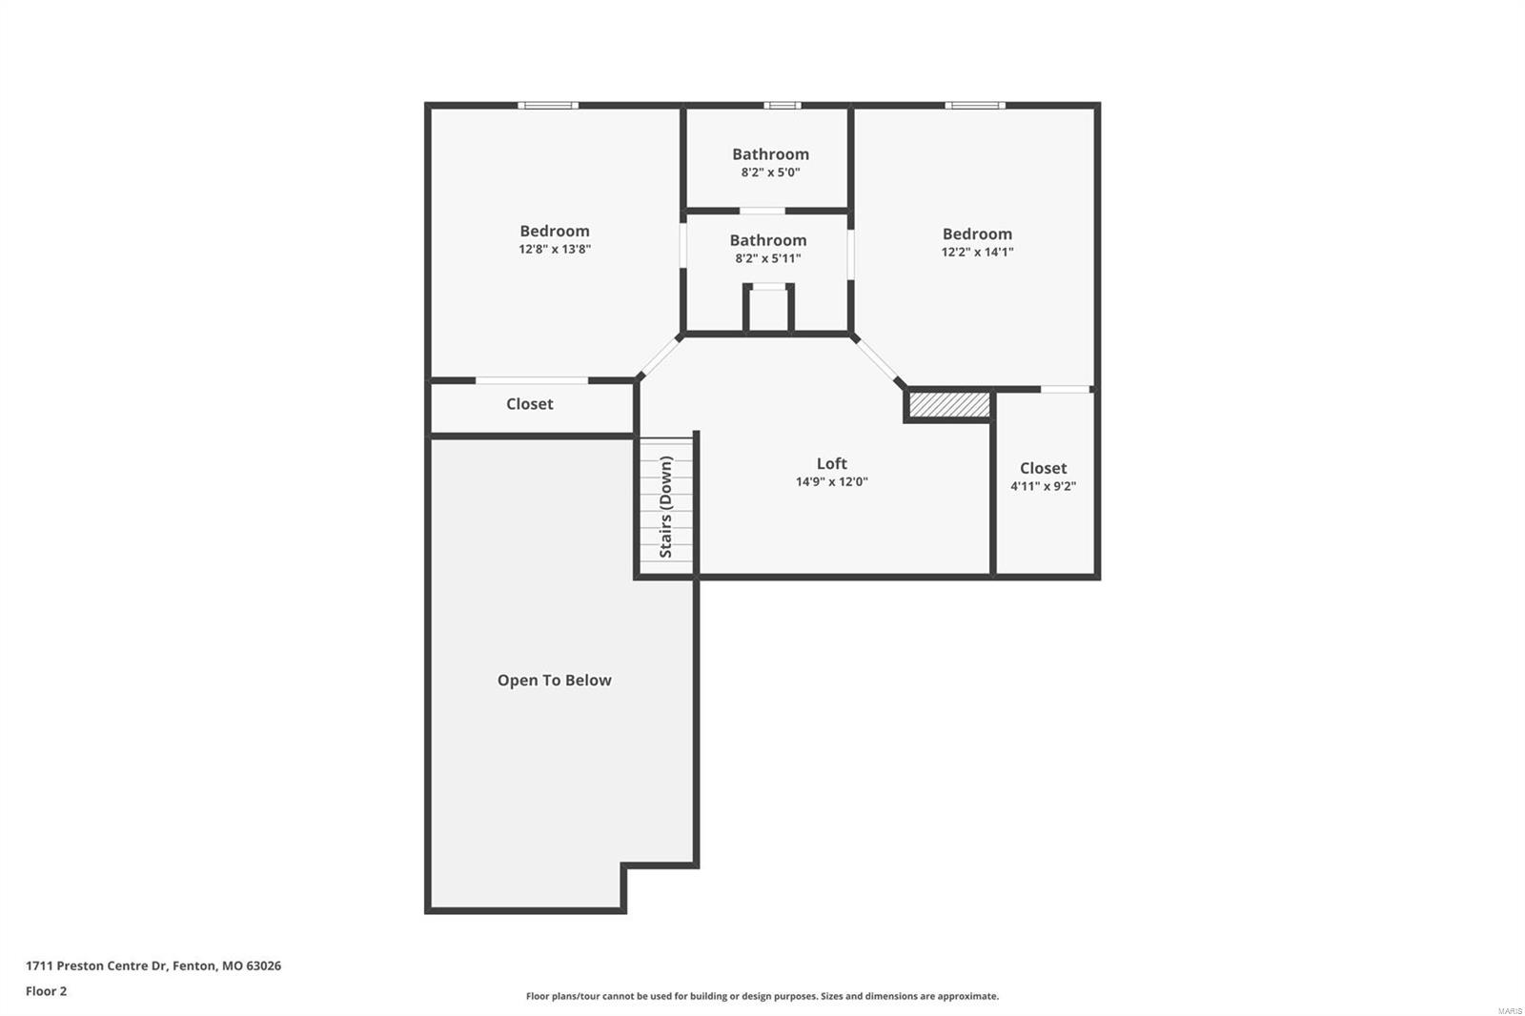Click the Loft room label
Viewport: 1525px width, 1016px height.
tap(831, 463)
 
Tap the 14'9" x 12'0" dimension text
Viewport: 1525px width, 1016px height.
tap(831, 482)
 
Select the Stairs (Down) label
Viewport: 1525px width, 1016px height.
tap(666, 506)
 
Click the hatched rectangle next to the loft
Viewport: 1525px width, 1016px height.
tap(948, 405)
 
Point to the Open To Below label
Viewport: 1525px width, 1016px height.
tap(554, 680)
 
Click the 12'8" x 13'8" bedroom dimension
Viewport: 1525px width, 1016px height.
tap(555, 249)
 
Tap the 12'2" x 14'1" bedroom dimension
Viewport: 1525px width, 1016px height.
tap(977, 252)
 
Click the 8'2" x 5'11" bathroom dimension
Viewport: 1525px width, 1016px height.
tap(767, 258)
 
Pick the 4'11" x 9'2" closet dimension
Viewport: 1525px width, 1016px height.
tap(1043, 486)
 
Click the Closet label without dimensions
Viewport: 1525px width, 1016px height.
tap(529, 404)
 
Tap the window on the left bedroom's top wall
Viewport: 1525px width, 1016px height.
tap(548, 105)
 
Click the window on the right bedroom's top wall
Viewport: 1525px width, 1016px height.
tap(974, 105)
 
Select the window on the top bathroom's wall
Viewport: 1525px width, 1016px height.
tap(782, 105)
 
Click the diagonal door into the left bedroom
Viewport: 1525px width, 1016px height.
tap(660, 357)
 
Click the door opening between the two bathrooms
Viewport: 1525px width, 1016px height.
tap(762, 211)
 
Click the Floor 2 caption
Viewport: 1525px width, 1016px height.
tap(46, 991)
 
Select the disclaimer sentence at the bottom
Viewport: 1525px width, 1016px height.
tap(762, 996)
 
